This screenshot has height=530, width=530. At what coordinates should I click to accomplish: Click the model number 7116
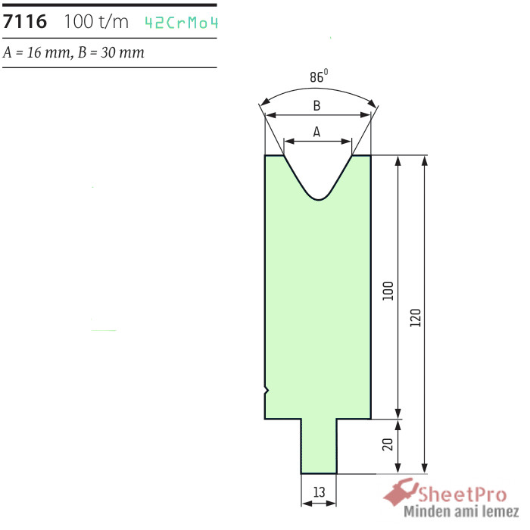click(x=25, y=22)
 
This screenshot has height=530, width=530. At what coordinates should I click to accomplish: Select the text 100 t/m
click(x=96, y=22)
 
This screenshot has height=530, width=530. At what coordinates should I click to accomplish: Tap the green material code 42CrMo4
click(x=181, y=23)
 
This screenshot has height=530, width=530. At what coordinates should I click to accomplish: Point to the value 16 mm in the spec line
click(x=48, y=52)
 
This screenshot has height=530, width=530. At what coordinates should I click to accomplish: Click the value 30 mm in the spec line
click(x=123, y=52)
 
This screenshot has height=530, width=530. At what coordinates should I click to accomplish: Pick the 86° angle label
click(x=319, y=76)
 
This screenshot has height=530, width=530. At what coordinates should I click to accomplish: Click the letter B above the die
click(x=316, y=106)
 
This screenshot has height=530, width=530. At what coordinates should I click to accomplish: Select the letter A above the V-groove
click(x=316, y=132)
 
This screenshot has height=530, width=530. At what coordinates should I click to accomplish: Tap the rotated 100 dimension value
click(x=388, y=291)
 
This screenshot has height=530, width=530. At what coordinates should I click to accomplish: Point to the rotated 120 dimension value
click(x=416, y=317)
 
